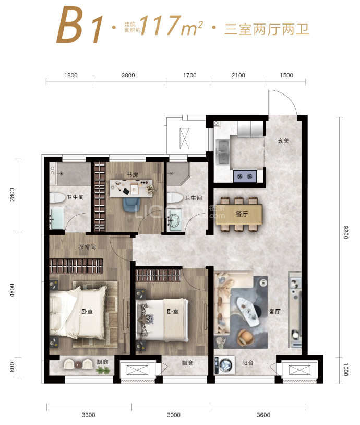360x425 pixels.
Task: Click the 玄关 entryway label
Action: pyautogui.click(x=283, y=140)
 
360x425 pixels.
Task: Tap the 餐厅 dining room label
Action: pyautogui.click(x=242, y=214)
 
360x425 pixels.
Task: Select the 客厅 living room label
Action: pyautogui.click(x=274, y=311)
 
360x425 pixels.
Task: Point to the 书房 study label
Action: pyautogui.click(x=132, y=175)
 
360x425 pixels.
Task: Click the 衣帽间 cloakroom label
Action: pyautogui.click(x=87, y=247)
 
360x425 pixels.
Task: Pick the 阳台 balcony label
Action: pyautogui.click(x=248, y=363)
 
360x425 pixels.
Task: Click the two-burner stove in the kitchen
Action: pyautogui.click(x=245, y=176)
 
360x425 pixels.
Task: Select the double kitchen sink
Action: pyautogui.click(x=223, y=152)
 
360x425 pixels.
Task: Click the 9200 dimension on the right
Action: pyautogui.click(x=345, y=232)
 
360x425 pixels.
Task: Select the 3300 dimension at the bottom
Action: pyautogui.click(x=89, y=415)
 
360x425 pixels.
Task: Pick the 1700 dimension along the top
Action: pyautogui.click(x=189, y=75)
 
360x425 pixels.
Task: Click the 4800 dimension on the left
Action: pyautogui.click(x=12, y=290)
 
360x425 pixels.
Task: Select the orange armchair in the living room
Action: pyautogui.click(x=245, y=337)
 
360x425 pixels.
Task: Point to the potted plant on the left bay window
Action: pyautogui.click(x=103, y=370)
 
